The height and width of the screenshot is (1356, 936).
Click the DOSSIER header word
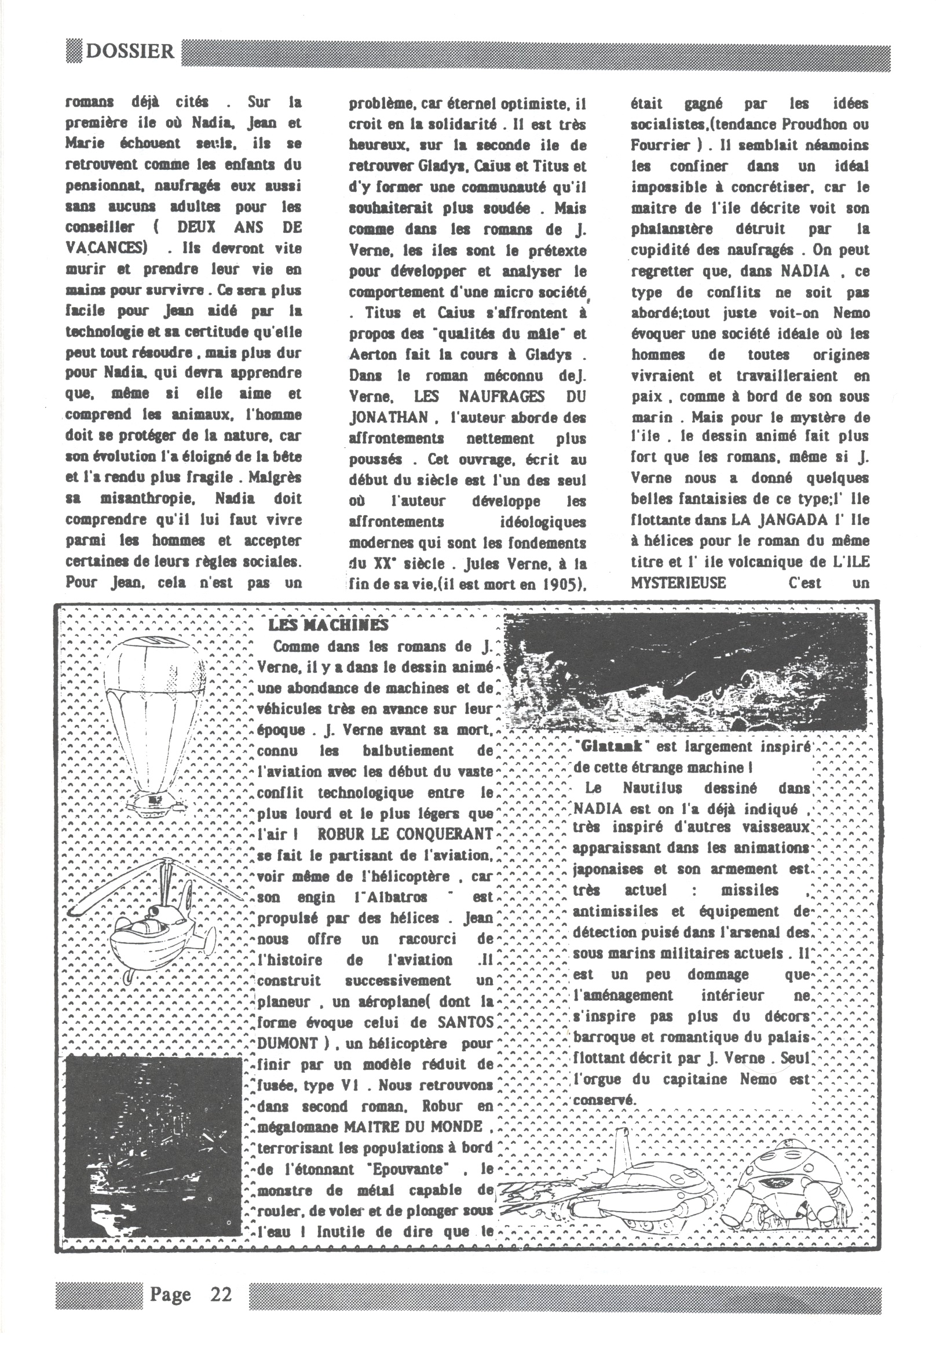[x=130, y=51]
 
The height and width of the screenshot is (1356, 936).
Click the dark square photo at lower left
[x=153, y=1139]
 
